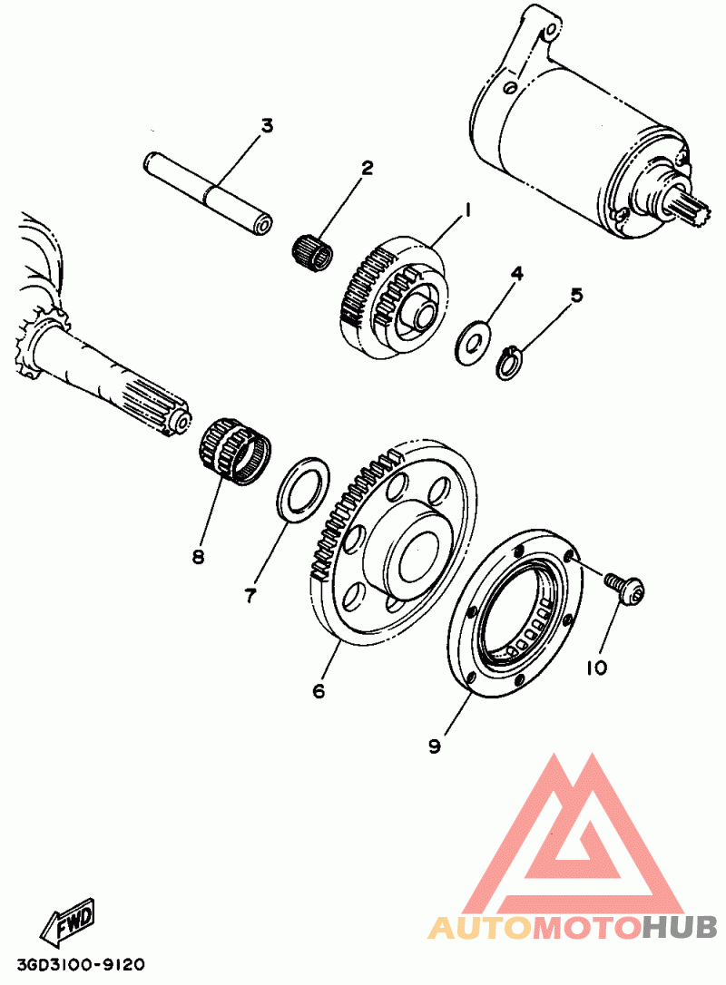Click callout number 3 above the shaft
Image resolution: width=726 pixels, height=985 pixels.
tap(267, 125)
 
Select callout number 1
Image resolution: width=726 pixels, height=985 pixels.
tap(467, 210)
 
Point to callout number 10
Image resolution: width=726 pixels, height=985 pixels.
tap(596, 668)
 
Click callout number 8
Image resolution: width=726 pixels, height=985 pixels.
tap(199, 555)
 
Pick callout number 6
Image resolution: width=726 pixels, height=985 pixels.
tap(319, 691)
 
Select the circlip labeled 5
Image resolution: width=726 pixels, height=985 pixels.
tap(511, 365)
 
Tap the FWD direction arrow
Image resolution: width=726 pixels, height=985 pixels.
tap(67, 922)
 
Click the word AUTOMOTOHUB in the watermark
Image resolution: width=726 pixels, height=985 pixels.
tap(573, 926)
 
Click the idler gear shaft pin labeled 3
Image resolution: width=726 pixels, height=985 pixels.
tap(209, 193)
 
